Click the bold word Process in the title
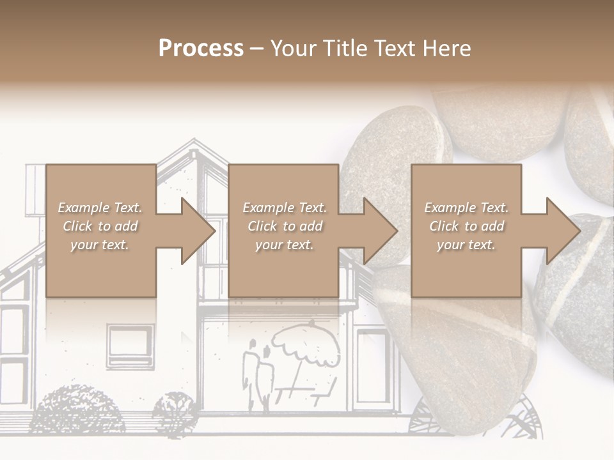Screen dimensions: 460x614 point(201,48)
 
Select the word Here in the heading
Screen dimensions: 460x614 point(447,48)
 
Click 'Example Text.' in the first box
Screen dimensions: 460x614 point(100,208)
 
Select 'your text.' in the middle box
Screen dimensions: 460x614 point(284,245)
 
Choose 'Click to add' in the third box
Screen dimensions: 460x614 point(466,226)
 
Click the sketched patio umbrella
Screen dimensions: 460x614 point(306,345)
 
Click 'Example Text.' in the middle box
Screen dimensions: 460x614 point(284,208)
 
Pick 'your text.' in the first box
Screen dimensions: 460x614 point(100,245)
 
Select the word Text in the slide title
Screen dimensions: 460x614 point(394,48)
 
